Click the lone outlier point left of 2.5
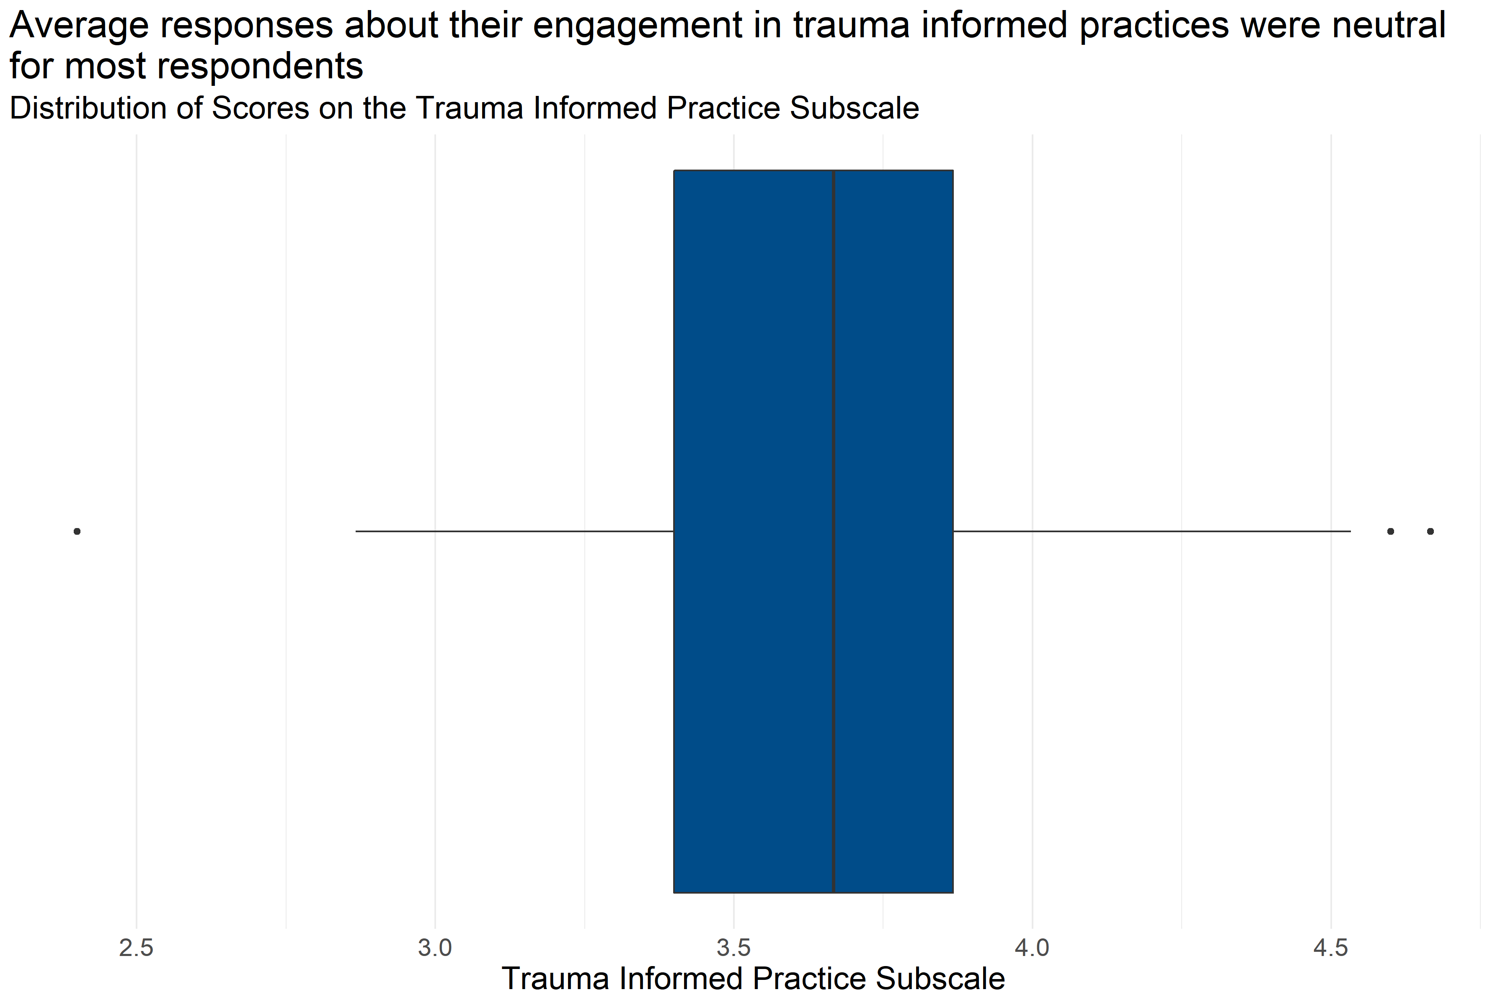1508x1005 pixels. pyautogui.click(x=77, y=531)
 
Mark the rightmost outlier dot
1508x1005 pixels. pyautogui.click(x=1431, y=531)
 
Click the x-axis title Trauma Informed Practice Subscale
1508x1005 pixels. pyautogui.click(x=753, y=979)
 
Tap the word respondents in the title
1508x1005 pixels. pyautogui.click(x=260, y=67)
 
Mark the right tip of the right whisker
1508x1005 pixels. pyautogui.click(x=1350, y=531)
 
